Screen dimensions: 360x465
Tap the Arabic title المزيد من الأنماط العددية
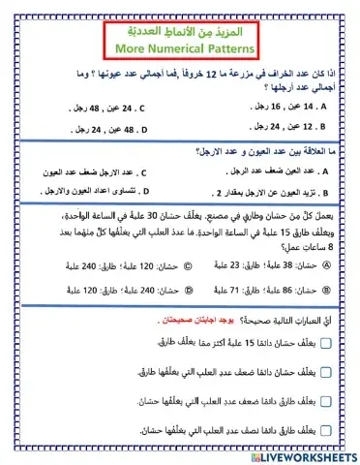point(179,29)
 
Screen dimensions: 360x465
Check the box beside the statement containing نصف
point(325,428)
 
